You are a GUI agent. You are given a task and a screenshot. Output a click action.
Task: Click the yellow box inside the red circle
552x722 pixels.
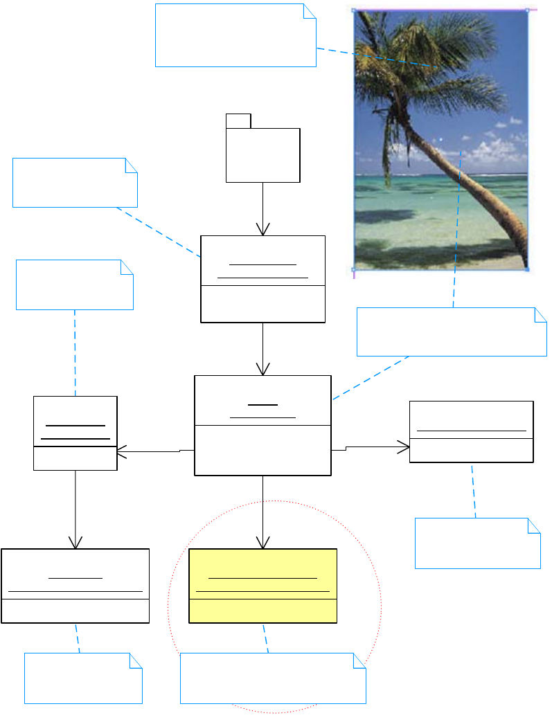[x=262, y=586]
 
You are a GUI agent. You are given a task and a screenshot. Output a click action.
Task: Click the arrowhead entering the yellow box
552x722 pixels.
[x=262, y=543]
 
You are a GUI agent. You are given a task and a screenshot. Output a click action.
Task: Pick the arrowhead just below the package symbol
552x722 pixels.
[x=262, y=229]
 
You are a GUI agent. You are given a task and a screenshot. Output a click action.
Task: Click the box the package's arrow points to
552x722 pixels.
[x=262, y=279]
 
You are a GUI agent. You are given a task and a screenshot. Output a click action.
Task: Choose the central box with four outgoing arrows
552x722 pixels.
[x=262, y=425]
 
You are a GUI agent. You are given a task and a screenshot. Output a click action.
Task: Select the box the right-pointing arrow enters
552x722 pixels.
[x=471, y=431]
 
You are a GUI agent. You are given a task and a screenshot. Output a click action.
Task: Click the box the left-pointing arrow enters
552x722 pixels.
[x=75, y=433]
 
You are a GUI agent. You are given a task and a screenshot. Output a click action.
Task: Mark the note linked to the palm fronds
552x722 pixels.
[x=235, y=35]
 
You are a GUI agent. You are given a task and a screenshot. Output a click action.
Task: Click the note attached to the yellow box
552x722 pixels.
[x=273, y=678]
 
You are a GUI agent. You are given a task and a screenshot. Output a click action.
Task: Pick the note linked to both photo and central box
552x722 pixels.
[x=452, y=332]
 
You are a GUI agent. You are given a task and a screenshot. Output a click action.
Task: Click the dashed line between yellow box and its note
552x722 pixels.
[x=265, y=638]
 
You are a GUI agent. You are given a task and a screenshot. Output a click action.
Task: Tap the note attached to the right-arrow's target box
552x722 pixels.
[x=477, y=543]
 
